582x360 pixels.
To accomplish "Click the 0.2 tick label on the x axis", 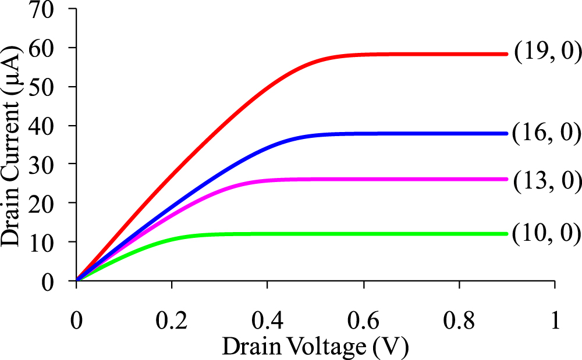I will (x=172, y=321).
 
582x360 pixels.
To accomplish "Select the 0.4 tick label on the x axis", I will (x=267, y=321).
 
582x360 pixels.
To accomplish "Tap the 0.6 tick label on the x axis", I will (x=363, y=321).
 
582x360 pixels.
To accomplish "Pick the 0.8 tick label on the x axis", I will (x=459, y=321).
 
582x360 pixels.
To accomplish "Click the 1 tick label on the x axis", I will (x=555, y=321).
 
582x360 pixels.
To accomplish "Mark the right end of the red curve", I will (x=507, y=54).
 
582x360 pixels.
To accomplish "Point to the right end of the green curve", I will (x=507, y=234).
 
